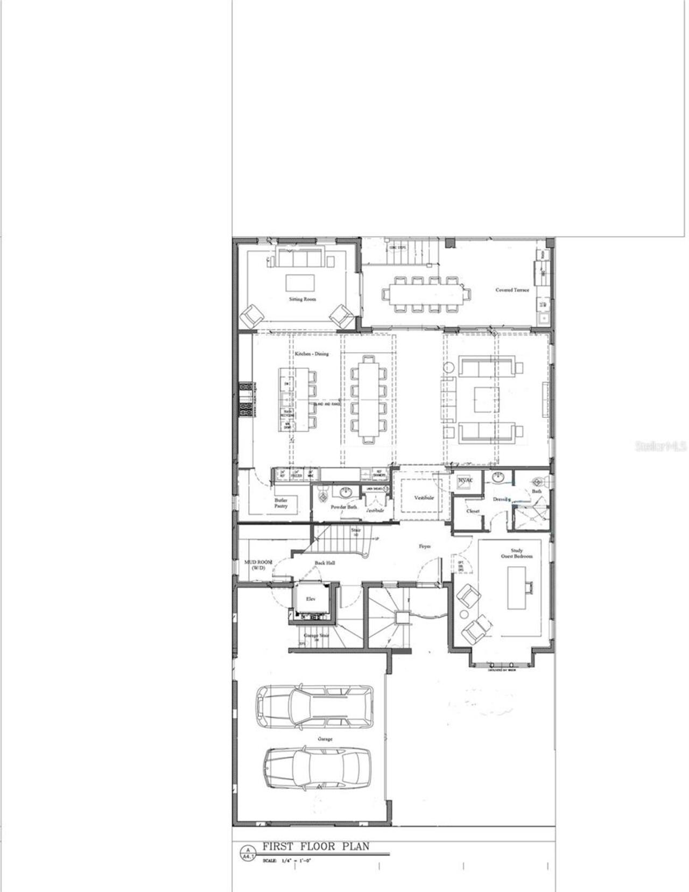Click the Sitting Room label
pyautogui.click(x=302, y=299)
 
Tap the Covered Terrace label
pyautogui.click(x=512, y=290)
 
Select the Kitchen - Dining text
pyautogui.click(x=311, y=354)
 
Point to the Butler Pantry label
pyautogui.click(x=281, y=503)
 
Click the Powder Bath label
pyautogui.click(x=343, y=507)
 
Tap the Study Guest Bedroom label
pyautogui.click(x=516, y=553)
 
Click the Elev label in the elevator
pyautogui.click(x=311, y=599)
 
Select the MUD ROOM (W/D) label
pyautogui.click(x=258, y=565)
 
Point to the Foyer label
pyautogui.click(x=425, y=546)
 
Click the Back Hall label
pyautogui.click(x=325, y=563)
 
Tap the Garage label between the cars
pyautogui.click(x=325, y=739)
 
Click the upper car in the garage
pyautogui.click(x=314, y=706)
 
